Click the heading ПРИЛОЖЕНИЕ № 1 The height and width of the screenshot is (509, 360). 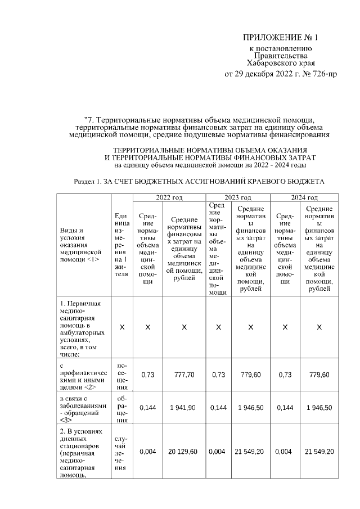tap(280, 38)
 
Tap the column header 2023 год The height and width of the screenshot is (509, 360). tap(238, 197)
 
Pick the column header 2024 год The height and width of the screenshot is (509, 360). tap(304, 197)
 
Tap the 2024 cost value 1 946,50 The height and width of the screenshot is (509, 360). tap(319, 408)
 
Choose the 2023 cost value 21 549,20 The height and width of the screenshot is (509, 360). tap(250, 452)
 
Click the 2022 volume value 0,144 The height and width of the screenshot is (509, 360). tap(147, 408)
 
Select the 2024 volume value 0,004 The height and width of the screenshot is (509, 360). tap(285, 452)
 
